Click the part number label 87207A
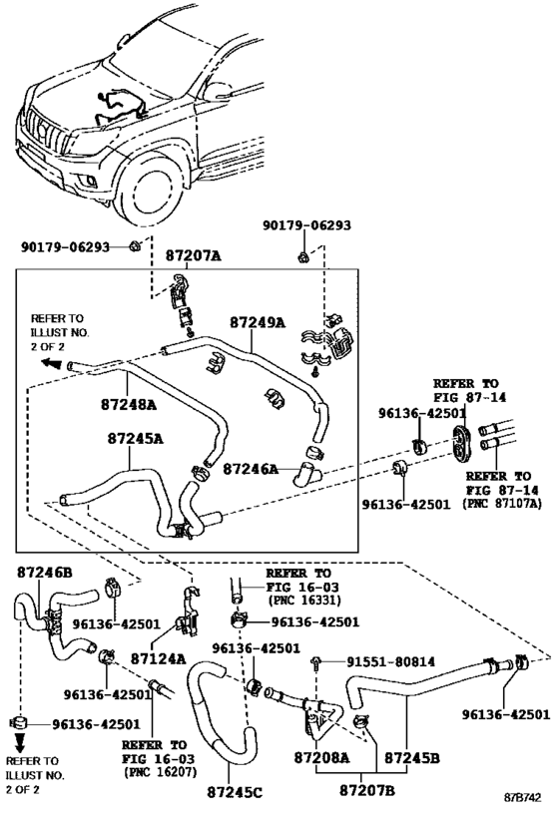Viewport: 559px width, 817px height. (194, 255)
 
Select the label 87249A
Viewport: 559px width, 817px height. (258, 322)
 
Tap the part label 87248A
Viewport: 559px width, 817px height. (129, 404)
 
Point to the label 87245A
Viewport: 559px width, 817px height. (136, 439)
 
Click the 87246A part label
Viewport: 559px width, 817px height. (251, 469)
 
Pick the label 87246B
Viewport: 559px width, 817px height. (45, 573)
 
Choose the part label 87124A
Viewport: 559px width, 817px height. (158, 658)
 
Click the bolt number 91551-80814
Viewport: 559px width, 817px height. (391, 661)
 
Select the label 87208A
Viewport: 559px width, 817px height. (321, 757)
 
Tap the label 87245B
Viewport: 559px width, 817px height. (412, 757)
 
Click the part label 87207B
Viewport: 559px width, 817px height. (367, 790)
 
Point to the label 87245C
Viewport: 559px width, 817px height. (235, 792)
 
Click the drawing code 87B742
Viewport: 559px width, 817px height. (522, 798)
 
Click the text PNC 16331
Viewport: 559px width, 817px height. (304, 601)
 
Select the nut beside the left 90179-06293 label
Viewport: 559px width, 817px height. (134, 246)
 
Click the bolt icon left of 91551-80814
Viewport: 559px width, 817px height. (316, 662)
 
